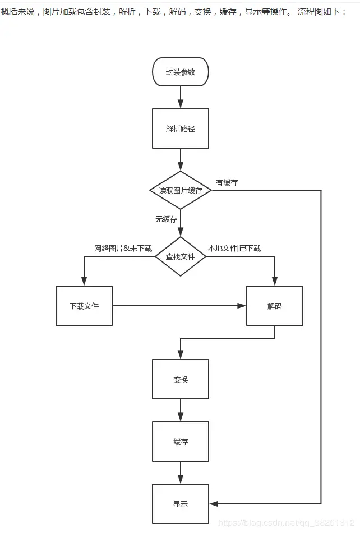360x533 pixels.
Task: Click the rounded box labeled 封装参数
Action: coord(180,72)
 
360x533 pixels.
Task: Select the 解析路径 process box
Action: coord(180,128)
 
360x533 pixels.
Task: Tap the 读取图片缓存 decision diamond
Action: coord(180,191)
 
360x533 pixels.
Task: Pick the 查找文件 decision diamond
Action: coord(180,256)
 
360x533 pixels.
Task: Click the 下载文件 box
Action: coord(84,306)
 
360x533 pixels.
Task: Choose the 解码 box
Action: coord(274,306)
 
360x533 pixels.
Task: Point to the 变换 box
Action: coord(180,379)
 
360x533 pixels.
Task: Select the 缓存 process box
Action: coord(180,442)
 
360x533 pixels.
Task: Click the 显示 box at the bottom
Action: coord(180,504)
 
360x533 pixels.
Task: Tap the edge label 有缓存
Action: coord(227,182)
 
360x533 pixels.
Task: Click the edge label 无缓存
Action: coord(167,219)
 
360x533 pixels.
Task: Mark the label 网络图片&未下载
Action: coord(123,248)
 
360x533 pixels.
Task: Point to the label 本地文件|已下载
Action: coord(234,248)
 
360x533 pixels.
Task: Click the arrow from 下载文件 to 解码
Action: coord(179,306)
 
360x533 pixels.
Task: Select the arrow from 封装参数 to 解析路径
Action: coord(180,98)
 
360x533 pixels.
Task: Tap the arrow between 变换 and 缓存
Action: coord(180,410)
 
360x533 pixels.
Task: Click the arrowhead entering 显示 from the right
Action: coord(213,504)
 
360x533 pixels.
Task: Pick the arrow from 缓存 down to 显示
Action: coord(180,472)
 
